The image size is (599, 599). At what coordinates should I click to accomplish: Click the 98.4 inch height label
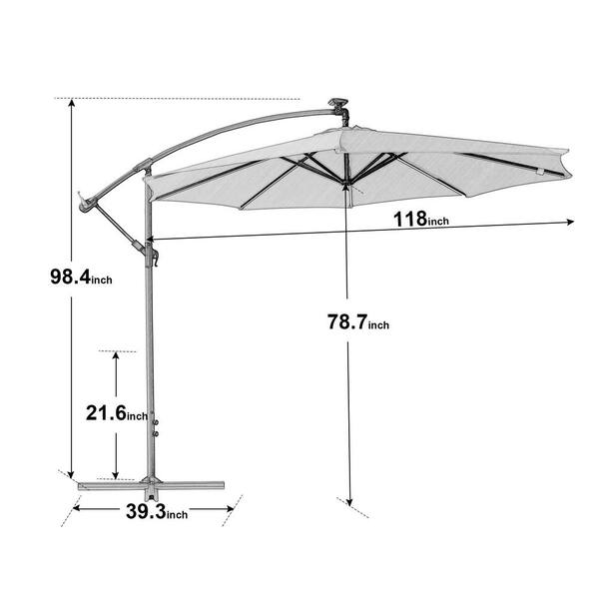[81, 277]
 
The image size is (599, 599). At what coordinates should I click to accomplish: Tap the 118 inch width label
[421, 220]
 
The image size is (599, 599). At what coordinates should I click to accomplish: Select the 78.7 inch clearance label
[358, 321]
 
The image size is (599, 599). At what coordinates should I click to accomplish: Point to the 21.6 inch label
[117, 413]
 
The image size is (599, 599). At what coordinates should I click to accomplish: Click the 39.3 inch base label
[157, 511]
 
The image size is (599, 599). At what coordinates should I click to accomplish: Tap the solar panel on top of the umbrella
[338, 103]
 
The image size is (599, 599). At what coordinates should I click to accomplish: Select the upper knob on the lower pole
[156, 422]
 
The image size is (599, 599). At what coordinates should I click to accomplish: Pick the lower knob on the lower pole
[156, 434]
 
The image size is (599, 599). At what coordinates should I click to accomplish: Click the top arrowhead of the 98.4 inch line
[71, 103]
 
